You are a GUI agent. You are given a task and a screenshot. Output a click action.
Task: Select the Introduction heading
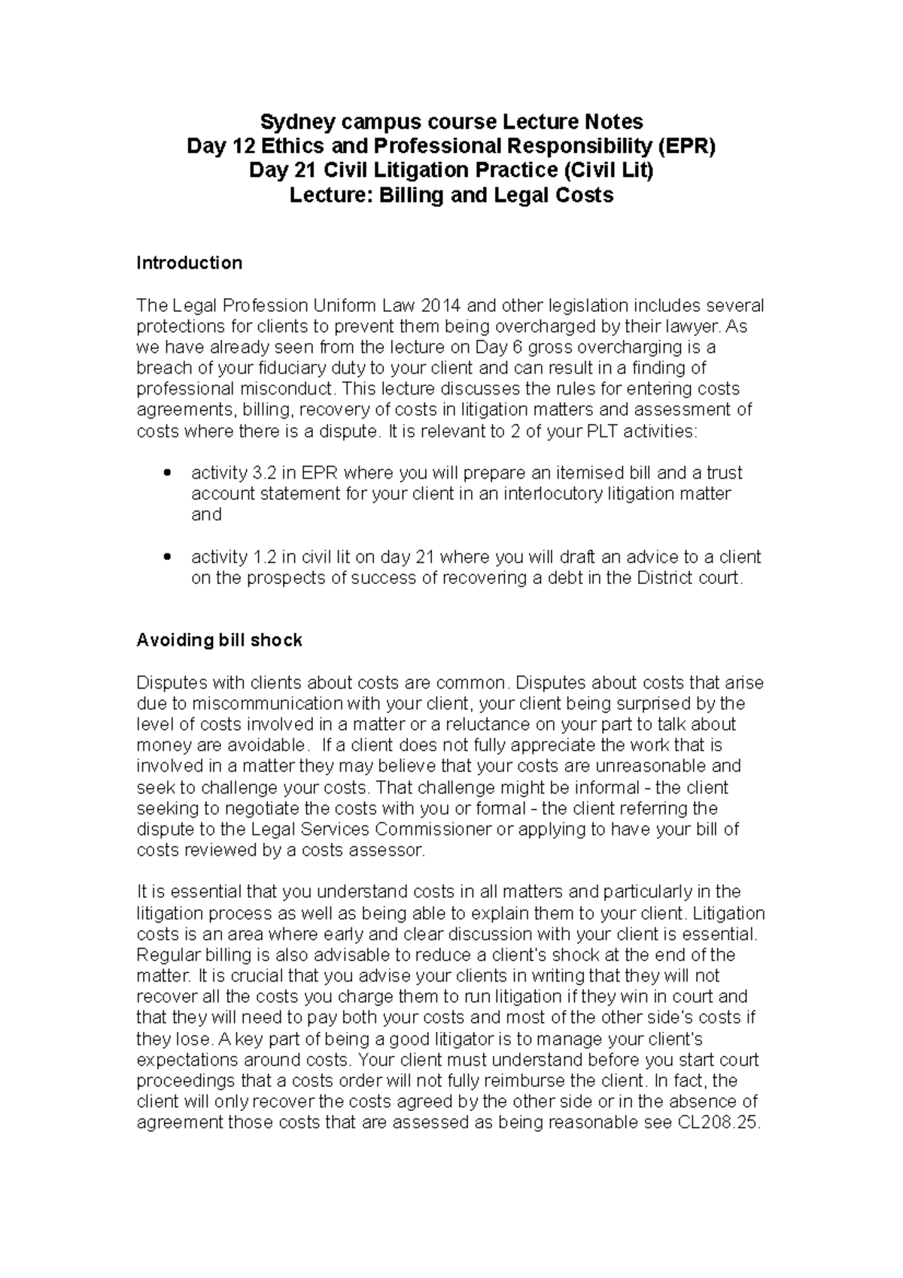point(189,263)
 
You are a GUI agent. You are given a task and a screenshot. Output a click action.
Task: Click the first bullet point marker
point(168,473)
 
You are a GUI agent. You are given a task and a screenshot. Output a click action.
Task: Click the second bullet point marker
point(168,558)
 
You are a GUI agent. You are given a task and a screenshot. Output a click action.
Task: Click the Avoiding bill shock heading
point(219,641)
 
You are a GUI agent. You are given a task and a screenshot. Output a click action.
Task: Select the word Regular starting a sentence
point(165,955)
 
